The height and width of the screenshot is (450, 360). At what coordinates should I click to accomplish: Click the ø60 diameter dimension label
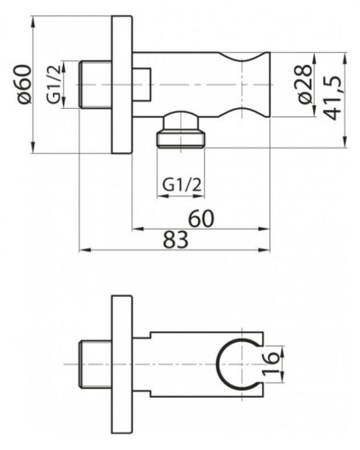[x=24, y=85]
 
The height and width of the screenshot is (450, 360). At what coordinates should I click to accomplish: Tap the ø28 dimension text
[x=305, y=84]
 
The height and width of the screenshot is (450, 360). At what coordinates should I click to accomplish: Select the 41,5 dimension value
[x=332, y=98]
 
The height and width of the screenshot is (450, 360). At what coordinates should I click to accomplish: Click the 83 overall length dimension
[x=175, y=239]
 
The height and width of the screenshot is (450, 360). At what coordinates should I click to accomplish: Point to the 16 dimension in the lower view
[x=271, y=364]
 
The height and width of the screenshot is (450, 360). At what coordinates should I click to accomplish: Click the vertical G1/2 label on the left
[x=54, y=84]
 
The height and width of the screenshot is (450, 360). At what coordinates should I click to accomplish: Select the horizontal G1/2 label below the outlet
[x=182, y=184]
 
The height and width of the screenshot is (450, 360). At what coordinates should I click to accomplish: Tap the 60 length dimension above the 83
[x=202, y=219]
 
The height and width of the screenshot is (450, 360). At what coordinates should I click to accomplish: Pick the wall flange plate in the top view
[x=121, y=85]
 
